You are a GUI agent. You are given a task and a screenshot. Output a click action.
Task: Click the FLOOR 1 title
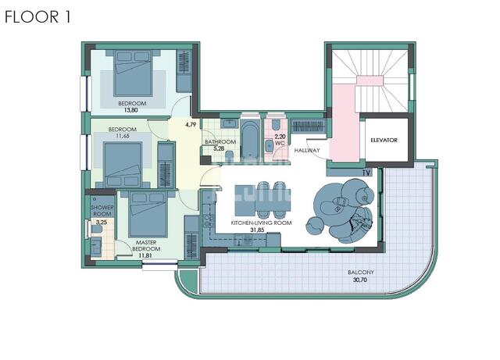pos(37,17)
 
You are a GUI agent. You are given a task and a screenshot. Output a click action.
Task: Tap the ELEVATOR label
pos(384,140)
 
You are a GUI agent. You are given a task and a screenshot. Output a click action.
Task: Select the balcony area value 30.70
pos(360,280)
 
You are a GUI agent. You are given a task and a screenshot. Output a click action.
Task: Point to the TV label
pos(366,173)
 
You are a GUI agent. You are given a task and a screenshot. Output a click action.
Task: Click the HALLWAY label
pos(307,150)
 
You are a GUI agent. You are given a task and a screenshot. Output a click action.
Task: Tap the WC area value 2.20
pos(280,137)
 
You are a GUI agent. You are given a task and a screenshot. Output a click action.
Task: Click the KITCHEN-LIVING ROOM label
pos(261,223)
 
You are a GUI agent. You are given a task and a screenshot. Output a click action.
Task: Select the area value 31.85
pos(257,230)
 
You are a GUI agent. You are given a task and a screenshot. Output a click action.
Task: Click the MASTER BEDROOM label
pos(146,245)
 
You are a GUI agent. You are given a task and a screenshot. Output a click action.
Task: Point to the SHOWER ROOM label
pos(102,210)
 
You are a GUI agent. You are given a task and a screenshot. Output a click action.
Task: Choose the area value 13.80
pos(130,110)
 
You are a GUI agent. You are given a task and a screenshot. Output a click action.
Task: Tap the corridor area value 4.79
pos(191,125)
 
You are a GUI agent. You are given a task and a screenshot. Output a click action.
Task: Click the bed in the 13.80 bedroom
pos(133,73)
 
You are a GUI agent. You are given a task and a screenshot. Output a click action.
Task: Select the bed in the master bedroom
pos(148,214)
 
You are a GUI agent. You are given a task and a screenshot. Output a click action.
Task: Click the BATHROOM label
pos(220,141)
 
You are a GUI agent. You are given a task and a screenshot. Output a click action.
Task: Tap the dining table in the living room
pos(263,200)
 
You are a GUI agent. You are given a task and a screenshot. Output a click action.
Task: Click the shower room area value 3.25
pos(102,223)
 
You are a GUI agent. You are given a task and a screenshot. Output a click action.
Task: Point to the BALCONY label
pos(361,273)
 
